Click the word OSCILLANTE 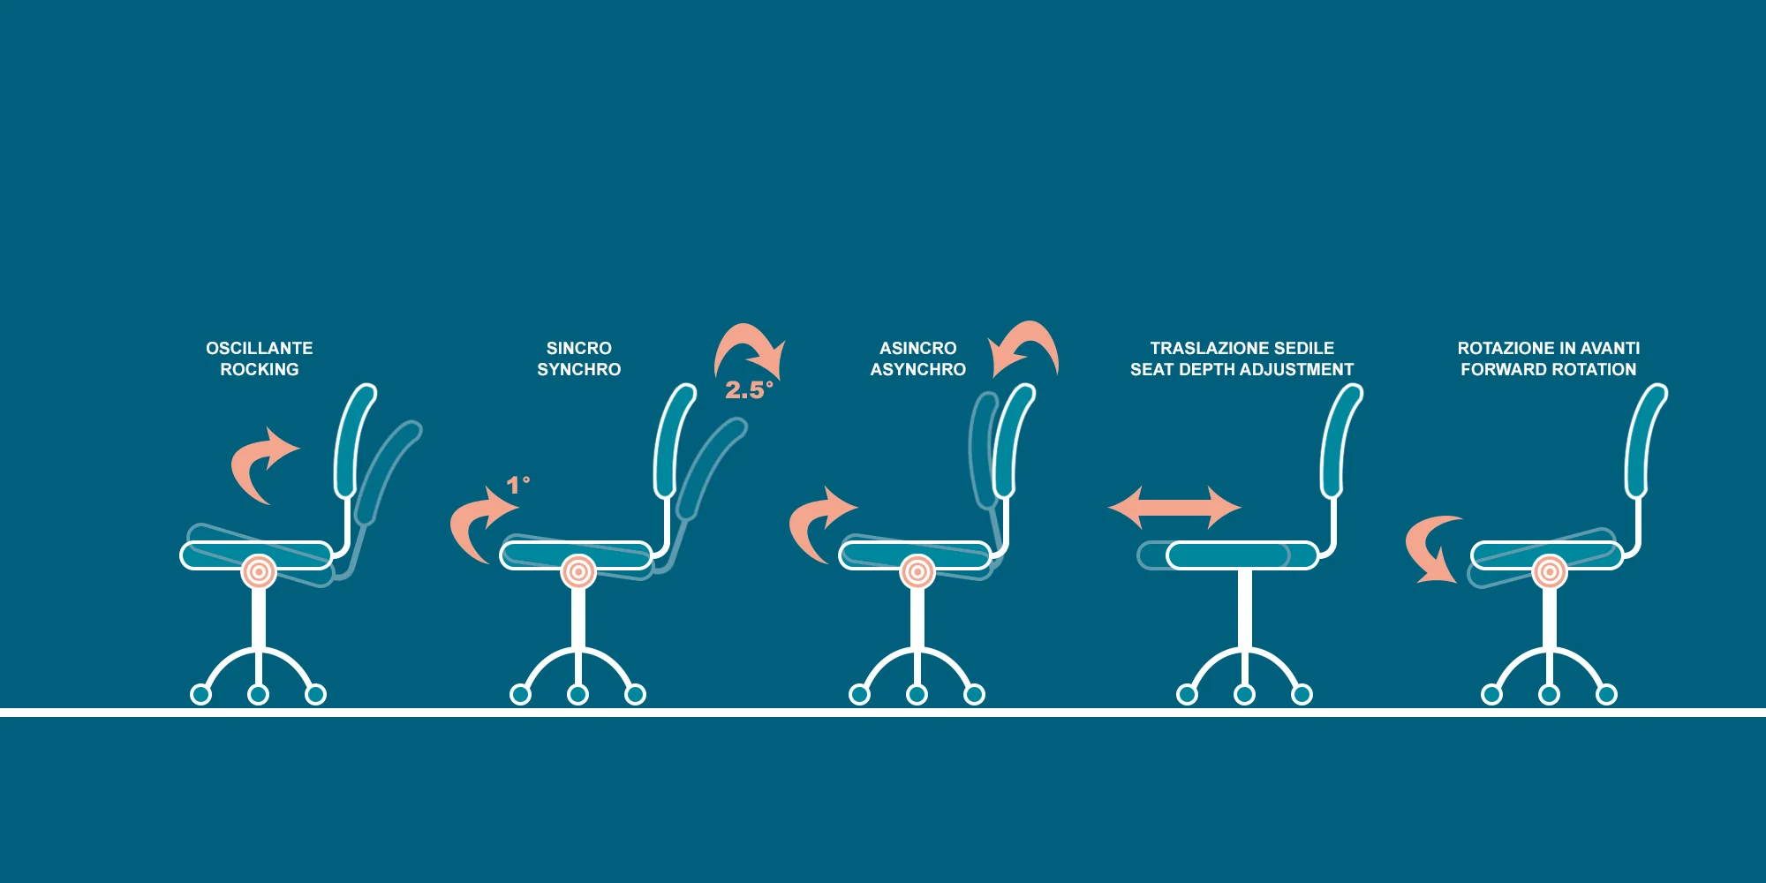pyautogui.click(x=260, y=348)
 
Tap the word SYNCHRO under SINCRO pyautogui.click(x=579, y=369)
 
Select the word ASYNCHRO pyautogui.click(x=918, y=369)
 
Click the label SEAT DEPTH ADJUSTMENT pyautogui.click(x=1241, y=369)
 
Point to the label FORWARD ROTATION pyautogui.click(x=1548, y=369)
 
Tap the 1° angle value pyautogui.click(x=517, y=485)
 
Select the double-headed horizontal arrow pyautogui.click(x=1175, y=508)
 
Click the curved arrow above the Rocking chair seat pyautogui.click(x=259, y=463)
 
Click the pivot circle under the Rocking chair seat pyautogui.click(x=259, y=572)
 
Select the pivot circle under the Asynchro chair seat pyautogui.click(x=917, y=572)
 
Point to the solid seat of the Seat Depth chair pyautogui.click(x=1241, y=555)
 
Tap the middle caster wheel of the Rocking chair pyautogui.click(x=258, y=695)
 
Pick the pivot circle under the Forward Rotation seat pyautogui.click(x=1549, y=572)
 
